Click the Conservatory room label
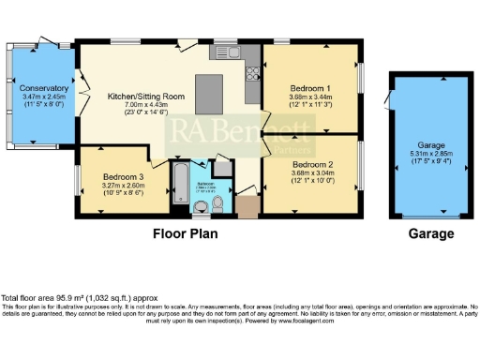(45, 87)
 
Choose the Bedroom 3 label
(123, 176)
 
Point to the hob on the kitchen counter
(253, 73)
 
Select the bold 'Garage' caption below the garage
(430, 233)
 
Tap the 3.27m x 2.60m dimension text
(123, 186)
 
